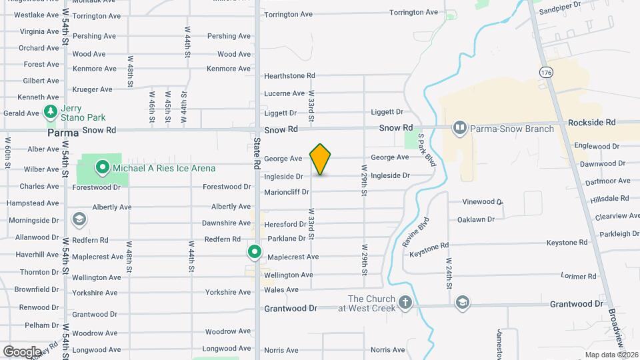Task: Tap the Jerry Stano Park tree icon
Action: (50, 113)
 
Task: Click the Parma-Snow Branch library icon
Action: (459, 127)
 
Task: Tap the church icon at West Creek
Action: (405, 303)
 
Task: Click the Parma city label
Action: (63, 133)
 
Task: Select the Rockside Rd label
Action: (591, 123)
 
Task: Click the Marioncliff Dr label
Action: (287, 192)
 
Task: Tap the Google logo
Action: (22, 351)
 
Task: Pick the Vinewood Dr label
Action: (483, 201)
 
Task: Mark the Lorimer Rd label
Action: (578, 276)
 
